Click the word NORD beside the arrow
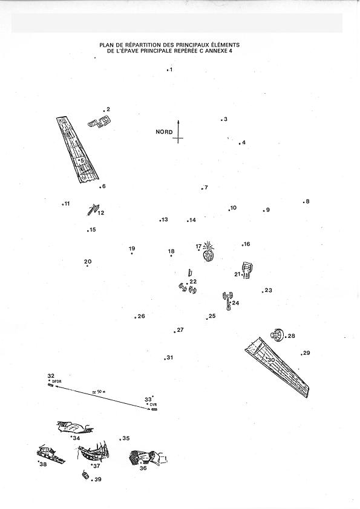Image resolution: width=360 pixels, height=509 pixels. [164, 132]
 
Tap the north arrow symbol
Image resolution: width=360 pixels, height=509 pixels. [178, 131]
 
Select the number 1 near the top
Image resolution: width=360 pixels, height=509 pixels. [171, 70]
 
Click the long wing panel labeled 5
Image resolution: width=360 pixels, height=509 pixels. [77, 150]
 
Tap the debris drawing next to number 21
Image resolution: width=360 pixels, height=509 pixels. [248, 270]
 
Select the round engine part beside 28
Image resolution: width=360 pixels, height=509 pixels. [277, 335]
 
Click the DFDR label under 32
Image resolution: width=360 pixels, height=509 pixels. [57, 381]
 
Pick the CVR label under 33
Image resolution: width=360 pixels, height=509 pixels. [154, 404]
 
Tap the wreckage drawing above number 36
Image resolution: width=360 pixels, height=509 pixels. [148, 457]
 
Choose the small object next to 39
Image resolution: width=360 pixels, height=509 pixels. [85, 475]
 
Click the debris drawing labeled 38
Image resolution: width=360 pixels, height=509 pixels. [51, 454]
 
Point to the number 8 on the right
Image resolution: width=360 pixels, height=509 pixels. [307, 201]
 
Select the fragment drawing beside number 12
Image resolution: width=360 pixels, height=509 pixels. [93, 209]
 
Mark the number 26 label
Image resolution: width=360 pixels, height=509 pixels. [142, 316]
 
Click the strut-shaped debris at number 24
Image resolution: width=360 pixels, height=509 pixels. [227, 301]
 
